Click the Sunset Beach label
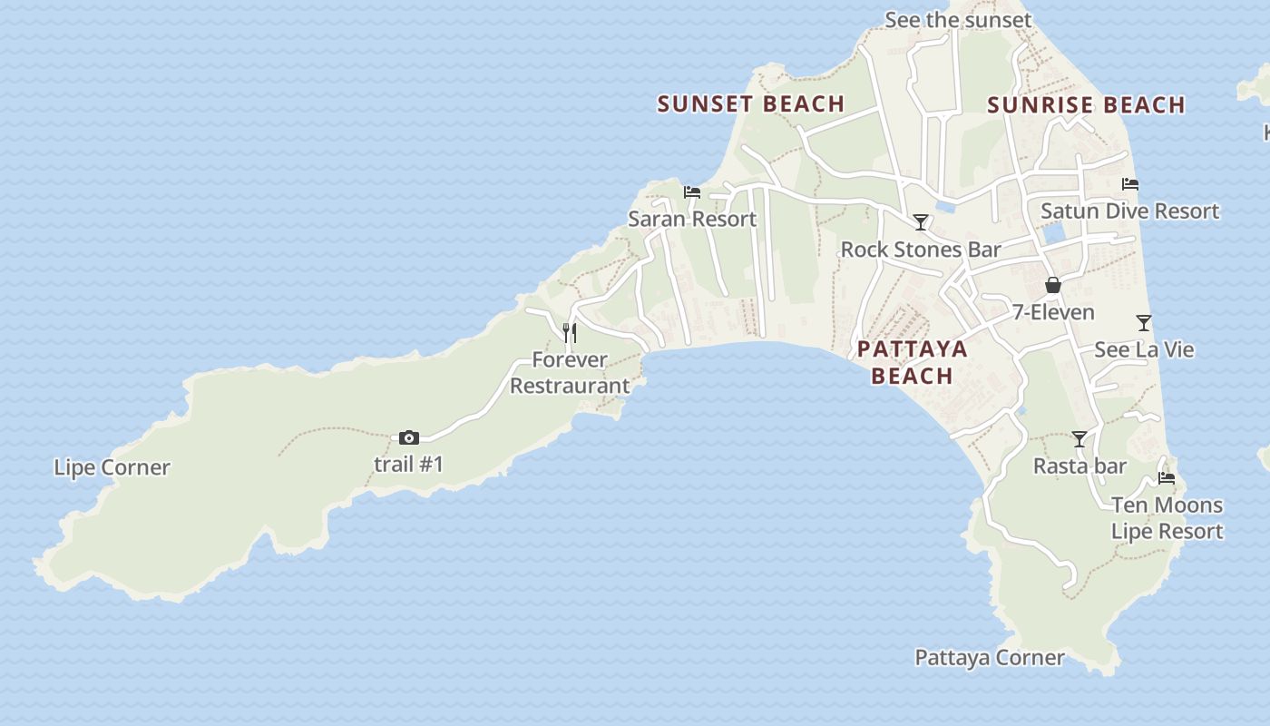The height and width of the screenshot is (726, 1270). coord(751,104)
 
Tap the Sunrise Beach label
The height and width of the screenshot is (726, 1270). coord(1086,105)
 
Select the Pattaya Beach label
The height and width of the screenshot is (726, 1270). coord(912,362)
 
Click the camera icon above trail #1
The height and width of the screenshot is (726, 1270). coord(409,438)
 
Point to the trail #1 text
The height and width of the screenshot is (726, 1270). coord(409,465)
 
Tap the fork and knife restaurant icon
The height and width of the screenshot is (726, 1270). coord(570,333)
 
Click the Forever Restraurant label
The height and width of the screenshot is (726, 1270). coord(570,373)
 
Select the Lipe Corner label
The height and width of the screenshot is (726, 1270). coord(112,468)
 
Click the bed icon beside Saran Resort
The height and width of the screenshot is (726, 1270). coord(692,192)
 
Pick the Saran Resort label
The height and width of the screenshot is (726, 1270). coord(692,219)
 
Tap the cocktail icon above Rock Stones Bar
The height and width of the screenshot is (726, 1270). coord(921,222)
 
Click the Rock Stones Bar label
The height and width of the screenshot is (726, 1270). coord(921,250)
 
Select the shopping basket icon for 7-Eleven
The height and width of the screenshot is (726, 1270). coord(1053,286)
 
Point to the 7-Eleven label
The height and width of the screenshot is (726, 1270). coord(1053,312)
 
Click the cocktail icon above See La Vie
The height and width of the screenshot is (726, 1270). coord(1144,323)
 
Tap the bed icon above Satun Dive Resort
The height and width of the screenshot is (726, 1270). coord(1130,184)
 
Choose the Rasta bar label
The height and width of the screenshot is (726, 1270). coord(1079,466)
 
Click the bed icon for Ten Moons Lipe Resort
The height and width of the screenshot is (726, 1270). coord(1167,478)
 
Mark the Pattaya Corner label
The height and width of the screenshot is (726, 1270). coord(989,658)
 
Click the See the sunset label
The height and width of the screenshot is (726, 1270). coord(958,20)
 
